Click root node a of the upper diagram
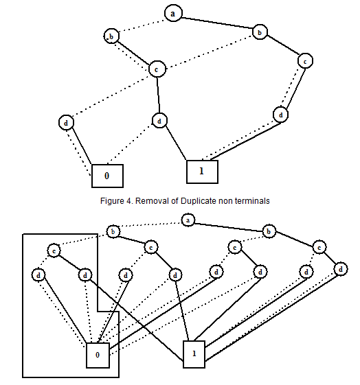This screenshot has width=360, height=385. coord(173,13)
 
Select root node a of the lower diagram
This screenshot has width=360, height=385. coord(188,220)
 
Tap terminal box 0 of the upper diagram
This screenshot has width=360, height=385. coord(107,176)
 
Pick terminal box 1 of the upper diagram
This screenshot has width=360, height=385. coord(202,172)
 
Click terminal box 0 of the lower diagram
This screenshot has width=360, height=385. coord(98,355)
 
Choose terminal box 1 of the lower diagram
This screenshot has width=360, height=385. coord(194,354)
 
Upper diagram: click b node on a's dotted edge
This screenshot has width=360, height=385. coord(111,36)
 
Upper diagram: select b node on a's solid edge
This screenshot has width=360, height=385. coord(260,32)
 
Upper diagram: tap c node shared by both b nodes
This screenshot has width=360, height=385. coord(157,69)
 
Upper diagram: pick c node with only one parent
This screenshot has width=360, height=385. coord(305,61)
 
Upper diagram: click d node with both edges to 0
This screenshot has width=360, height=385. coord(66,123)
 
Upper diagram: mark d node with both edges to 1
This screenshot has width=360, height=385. coord(280,115)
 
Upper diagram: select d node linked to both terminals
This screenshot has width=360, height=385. coord(159,121)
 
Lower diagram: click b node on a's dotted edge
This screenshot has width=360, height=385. coord(113,232)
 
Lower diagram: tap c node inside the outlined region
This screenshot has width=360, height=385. coord(54,250)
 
